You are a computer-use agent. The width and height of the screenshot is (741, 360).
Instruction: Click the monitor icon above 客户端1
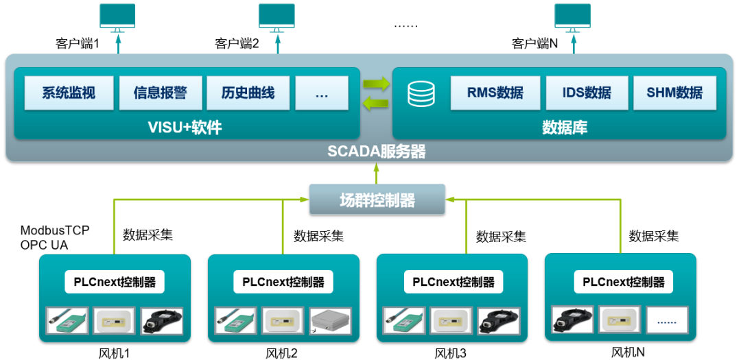117,16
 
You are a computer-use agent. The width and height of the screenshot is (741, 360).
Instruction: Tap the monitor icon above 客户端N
573,16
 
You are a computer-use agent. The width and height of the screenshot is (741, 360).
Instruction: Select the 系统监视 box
69,93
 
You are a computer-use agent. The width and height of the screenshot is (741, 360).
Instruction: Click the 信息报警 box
161,93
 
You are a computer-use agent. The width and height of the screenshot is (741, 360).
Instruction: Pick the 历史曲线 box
248,93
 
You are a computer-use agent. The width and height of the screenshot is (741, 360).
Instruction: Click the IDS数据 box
587,93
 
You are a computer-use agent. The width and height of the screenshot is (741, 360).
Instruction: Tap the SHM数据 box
674,93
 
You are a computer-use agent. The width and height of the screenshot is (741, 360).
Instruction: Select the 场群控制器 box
377,200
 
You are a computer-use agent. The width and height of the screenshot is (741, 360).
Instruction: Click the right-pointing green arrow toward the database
375,84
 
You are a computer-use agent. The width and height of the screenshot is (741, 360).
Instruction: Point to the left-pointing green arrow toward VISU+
375,104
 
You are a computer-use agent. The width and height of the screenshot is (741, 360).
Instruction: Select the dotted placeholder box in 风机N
666,320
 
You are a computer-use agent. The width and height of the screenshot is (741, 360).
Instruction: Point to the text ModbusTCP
55,230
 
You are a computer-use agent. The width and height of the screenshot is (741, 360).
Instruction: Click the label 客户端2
237,44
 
